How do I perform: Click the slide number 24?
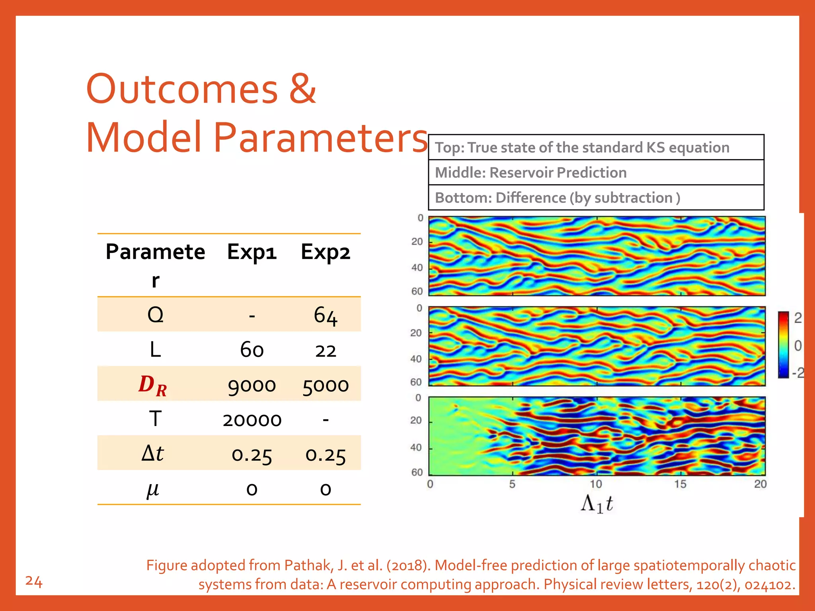(x=34, y=582)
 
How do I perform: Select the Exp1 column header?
(x=252, y=252)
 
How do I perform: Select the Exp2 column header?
(x=326, y=252)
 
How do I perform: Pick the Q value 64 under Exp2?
(x=326, y=315)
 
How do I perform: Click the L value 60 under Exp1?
(x=252, y=350)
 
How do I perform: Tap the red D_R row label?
(x=153, y=385)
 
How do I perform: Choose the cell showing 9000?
(x=252, y=385)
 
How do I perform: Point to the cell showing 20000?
(x=252, y=420)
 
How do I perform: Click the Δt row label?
(x=153, y=453)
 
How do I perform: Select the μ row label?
(x=153, y=489)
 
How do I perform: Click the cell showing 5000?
(x=326, y=385)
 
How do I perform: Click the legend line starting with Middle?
(x=530, y=173)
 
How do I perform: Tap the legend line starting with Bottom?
(x=557, y=198)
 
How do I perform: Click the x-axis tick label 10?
(x=596, y=484)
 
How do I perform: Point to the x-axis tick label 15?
(x=680, y=484)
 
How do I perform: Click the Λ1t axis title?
(x=597, y=504)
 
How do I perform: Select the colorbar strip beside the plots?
(x=783, y=345)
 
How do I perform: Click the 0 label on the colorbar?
(x=797, y=346)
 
